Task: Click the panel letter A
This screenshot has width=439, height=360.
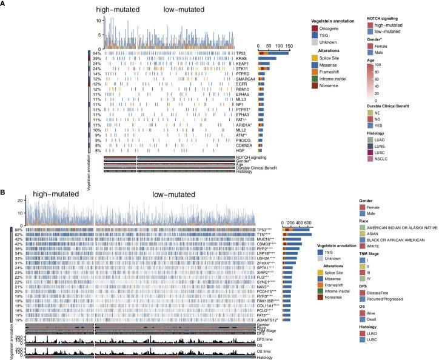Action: click(x=5, y=5)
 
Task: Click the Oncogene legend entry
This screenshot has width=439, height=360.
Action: click(x=341, y=28)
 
